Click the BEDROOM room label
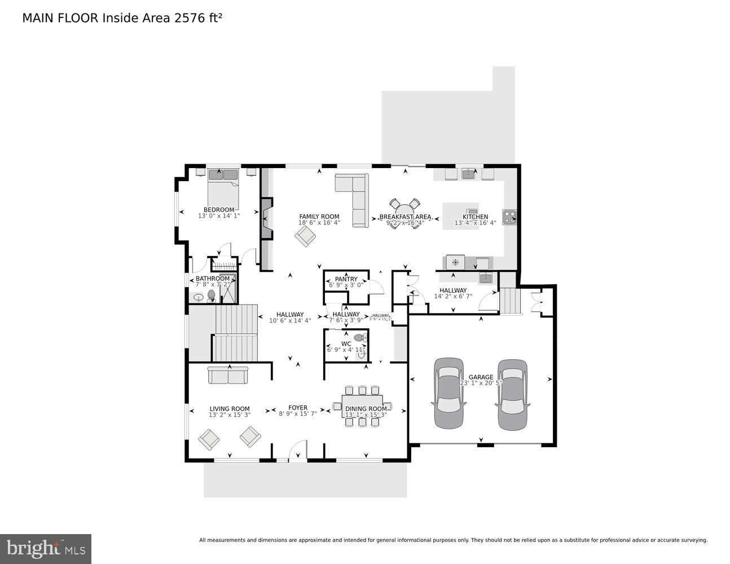pyautogui.click(x=218, y=210)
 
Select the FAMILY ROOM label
pyautogui.click(x=319, y=217)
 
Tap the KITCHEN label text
pyautogui.click(x=475, y=217)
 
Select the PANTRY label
pyautogui.click(x=346, y=279)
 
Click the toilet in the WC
pyautogui.click(x=359, y=338)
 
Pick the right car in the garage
pyautogui.click(x=512, y=395)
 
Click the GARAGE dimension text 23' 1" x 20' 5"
pyautogui.click(x=481, y=383)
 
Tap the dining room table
pyautogui.click(x=362, y=406)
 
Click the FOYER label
pyautogui.click(x=298, y=408)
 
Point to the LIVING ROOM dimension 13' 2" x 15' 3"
pyautogui.click(x=230, y=415)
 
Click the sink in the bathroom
pyautogui.click(x=199, y=297)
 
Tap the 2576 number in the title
pyautogui.click(x=188, y=18)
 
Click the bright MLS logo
pyautogui.click(x=46, y=548)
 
